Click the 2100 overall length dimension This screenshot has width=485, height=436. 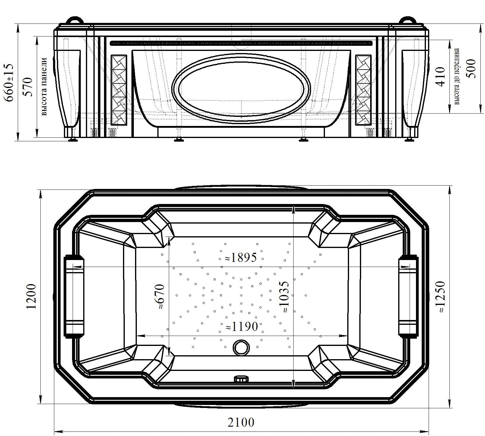pyautogui.click(x=241, y=422)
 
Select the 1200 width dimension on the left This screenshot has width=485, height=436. pyautogui.click(x=31, y=296)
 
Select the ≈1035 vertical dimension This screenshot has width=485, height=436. pyautogui.click(x=284, y=297)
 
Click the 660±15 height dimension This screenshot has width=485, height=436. pyautogui.click(x=9, y=83)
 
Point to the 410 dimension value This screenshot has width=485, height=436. pyautogui.click(x=440, y=77)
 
